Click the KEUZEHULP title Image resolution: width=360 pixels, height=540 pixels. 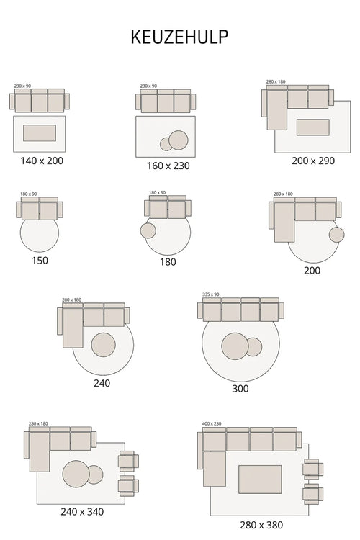tap(180, 37)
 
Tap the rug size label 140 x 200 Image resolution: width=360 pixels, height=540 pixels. tap(42, 161)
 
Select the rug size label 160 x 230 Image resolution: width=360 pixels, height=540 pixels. tap(168, 166)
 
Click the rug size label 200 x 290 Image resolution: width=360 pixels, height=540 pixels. tap(313, 161)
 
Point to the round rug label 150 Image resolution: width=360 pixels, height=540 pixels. tap(40, 260)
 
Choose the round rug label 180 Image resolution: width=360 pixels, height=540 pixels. tap(168, 262)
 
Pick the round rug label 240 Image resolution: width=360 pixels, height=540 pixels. tap(102, 383)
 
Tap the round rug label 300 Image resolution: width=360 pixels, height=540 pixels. tap(240, 388)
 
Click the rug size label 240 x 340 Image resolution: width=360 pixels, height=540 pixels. tap(81, 512)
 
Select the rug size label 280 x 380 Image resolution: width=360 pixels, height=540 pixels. tap(262, 525)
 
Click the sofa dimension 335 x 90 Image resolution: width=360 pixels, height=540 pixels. tap(210, 294)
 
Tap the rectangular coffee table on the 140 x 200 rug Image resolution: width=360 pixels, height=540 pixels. tap(40, 133)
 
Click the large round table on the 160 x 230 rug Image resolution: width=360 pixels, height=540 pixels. tap(178, 140)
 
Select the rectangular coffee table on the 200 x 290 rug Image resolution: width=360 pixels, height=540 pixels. tap(312, 127)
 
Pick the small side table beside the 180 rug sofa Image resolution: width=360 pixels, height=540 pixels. tap(148, 230)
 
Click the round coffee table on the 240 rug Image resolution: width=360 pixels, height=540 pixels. tap(104, 345)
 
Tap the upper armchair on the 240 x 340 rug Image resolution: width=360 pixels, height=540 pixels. tap(128, 462)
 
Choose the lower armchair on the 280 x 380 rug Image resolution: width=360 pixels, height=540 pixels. tap(312, 494)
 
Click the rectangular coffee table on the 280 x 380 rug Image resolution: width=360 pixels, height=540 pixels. tap(260, 479)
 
